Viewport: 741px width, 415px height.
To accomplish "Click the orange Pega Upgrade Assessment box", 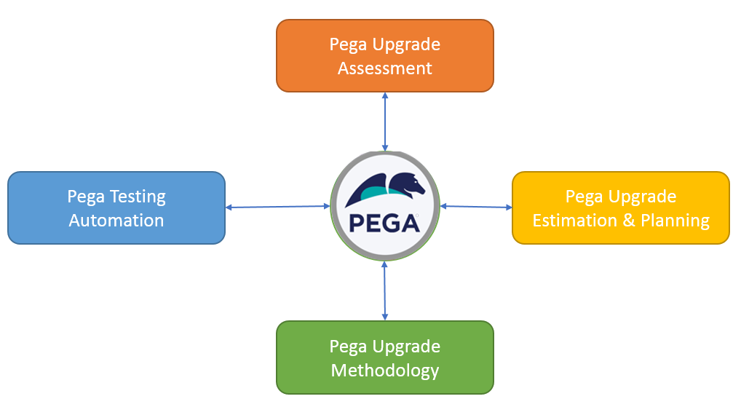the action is (x=384, y=56).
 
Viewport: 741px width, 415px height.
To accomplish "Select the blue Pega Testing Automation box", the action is (x=116, y=208).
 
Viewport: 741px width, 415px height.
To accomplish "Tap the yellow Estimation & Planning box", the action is (x=620, y=208).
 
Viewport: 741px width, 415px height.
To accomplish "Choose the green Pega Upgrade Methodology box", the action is (x=384, y=357).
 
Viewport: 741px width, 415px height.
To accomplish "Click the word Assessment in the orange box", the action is (x=384, y=68).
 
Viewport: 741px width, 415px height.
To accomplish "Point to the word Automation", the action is (x=116, y=221).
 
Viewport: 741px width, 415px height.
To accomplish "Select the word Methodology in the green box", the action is (x=384, y=371).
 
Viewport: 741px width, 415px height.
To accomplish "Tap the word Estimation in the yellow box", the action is (x=574, y=221).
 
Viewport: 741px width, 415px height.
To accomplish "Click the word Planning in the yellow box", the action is (x=675, y=221).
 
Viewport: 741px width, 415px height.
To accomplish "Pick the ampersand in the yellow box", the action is (x=628, y=221).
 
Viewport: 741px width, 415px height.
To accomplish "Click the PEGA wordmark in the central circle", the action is (x=384, y=224).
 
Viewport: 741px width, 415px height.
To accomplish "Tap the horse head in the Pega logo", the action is (x=408, y=185).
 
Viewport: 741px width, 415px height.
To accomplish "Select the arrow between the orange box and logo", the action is (x=384, y=122).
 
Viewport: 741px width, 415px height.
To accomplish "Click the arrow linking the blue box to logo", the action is (x=278, y=207).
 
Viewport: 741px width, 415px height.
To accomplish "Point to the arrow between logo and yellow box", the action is (x=476, y=207).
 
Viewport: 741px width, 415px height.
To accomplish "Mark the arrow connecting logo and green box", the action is (x=384, y=290).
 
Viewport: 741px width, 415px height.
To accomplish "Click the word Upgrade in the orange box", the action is (x=406, y=45).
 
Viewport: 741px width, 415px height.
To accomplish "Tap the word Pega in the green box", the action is (x=348, y=347).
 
